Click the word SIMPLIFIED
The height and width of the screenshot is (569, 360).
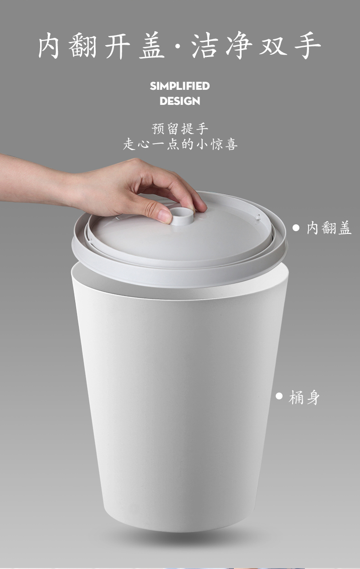point(180,86)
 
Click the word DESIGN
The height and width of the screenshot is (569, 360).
point(180,101)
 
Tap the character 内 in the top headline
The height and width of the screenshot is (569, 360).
point(49,46)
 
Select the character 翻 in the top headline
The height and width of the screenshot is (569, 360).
point(82,46)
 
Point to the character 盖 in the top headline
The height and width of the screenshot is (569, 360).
point(152,46)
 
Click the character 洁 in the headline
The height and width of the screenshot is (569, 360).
point(205,46)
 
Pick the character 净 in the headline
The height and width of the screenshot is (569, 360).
point(239,46)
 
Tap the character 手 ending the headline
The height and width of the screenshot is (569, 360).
point(308,46)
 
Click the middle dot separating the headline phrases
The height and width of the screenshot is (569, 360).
point(178,46)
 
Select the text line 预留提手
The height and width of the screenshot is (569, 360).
point(180,129)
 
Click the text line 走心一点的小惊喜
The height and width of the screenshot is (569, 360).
point(180,144)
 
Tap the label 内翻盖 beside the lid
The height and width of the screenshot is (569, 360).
point(329,228)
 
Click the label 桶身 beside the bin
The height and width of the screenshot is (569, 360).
point(304,397)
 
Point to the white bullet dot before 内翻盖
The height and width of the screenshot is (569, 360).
point(296,228)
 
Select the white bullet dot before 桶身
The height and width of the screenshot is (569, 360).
point(279,396)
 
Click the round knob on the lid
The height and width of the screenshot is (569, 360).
point(182,216)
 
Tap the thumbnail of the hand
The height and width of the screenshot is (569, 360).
point(165,216)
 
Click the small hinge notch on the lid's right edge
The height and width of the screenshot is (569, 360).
point(258,217)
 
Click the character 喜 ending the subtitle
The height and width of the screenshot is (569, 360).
point(231,144)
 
